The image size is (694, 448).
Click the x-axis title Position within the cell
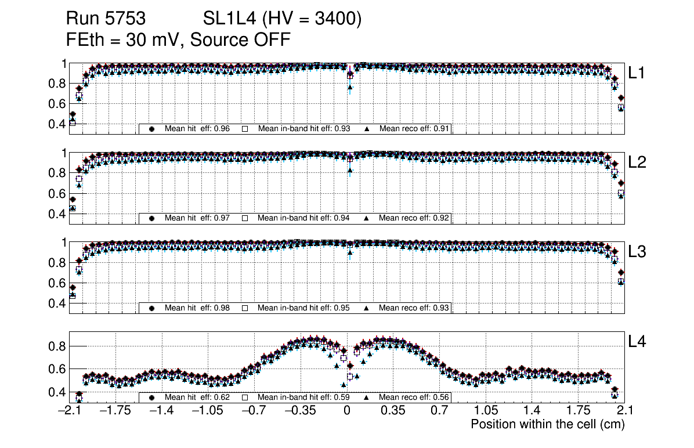(547, 424)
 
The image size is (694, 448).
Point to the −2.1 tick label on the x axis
(70, 411)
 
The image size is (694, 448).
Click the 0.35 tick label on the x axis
(393, 411)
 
